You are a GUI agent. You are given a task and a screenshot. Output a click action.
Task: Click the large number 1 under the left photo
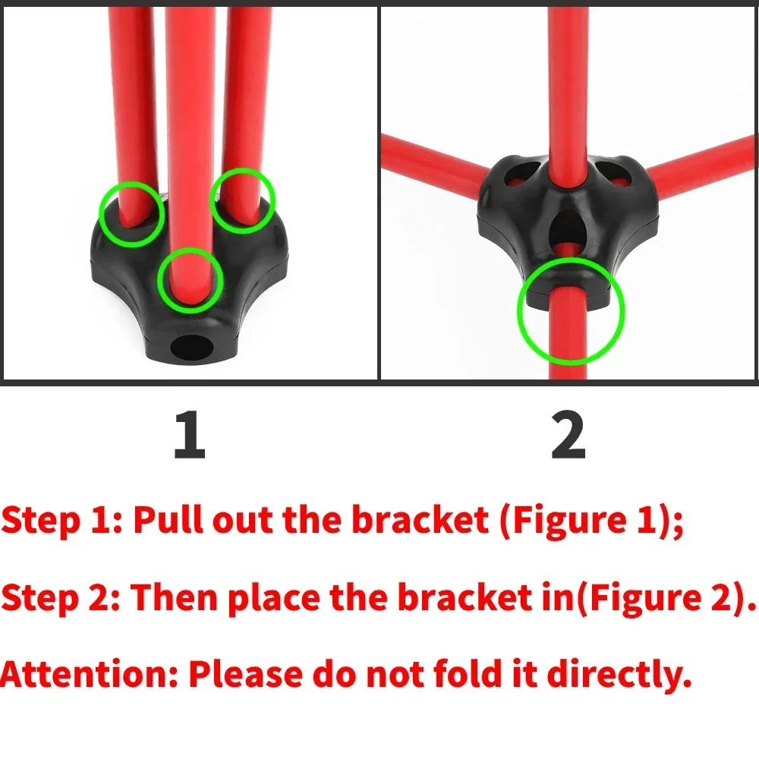(x=190, y=436)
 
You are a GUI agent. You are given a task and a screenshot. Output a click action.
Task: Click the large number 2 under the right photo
(x=568, y=436)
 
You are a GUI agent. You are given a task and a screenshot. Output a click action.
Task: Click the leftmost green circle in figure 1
(x=132, y=213)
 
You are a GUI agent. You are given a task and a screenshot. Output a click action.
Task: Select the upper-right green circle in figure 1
(x=242, y=199)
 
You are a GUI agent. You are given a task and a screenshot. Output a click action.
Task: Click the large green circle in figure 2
(x=570, y=310)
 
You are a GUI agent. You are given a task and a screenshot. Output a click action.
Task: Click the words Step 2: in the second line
(x=61, y=598)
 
